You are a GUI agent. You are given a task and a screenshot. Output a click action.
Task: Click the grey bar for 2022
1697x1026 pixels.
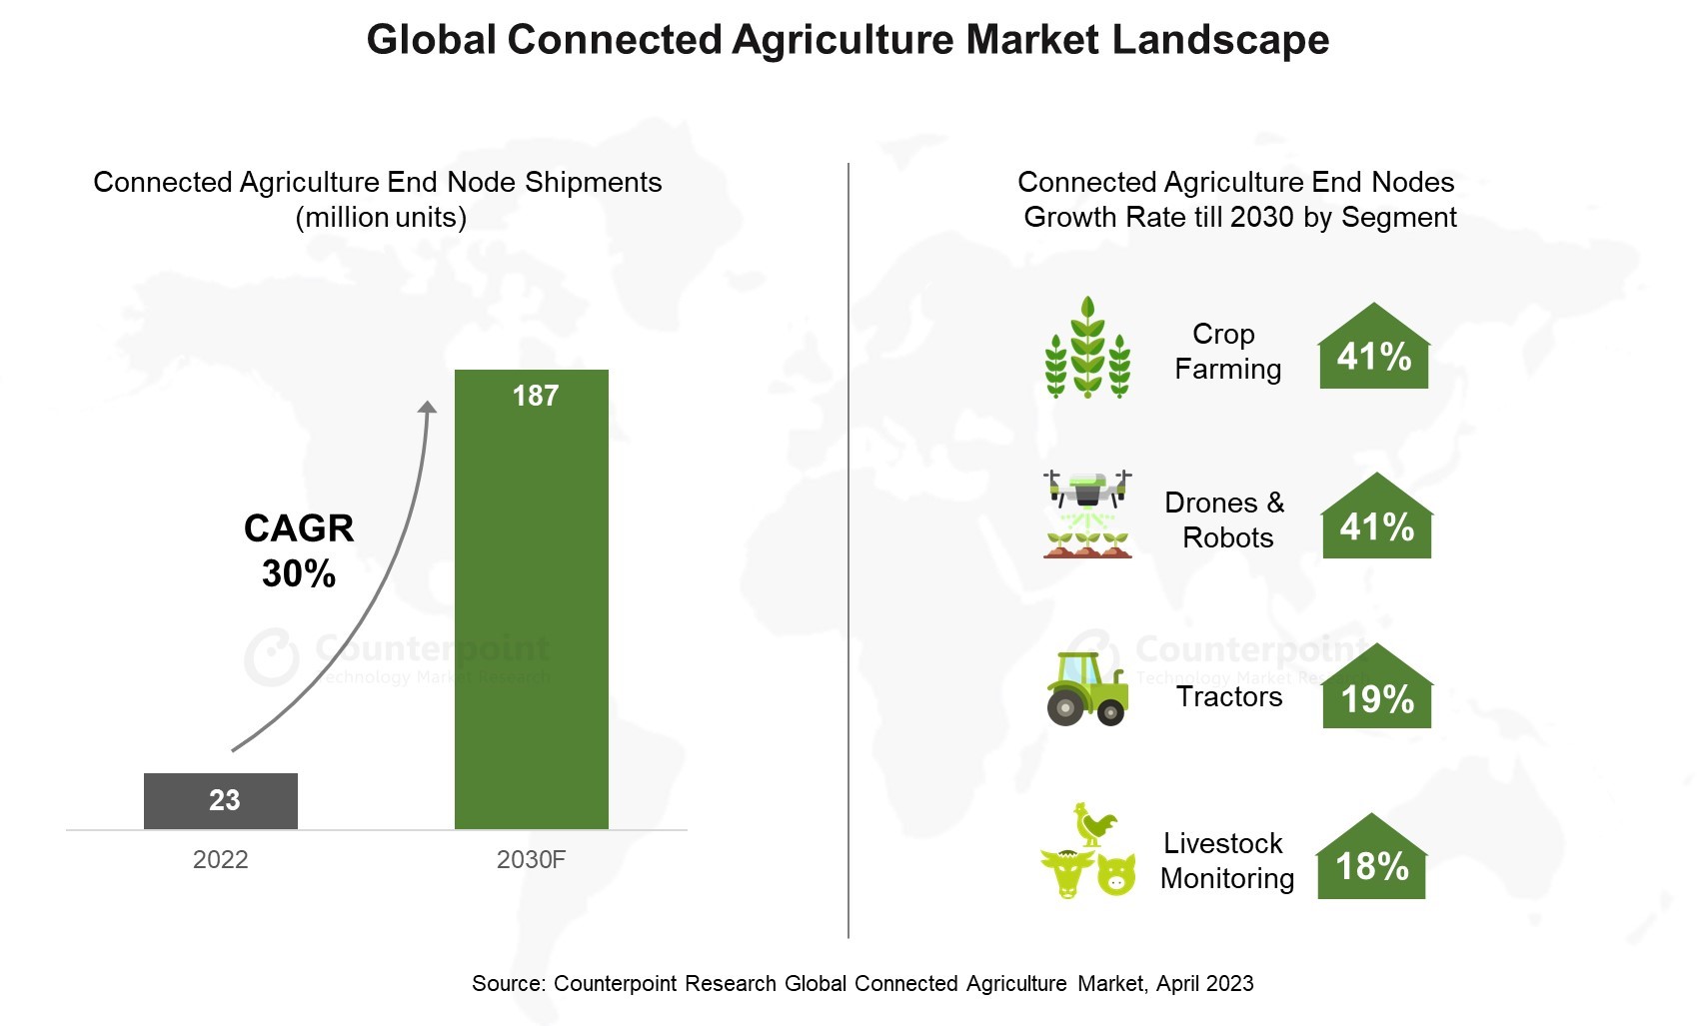point(221,801)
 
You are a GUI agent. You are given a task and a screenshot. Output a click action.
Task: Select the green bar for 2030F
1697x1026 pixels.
point(531,599)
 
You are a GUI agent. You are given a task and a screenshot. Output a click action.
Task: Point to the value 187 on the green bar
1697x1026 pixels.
point(536,396)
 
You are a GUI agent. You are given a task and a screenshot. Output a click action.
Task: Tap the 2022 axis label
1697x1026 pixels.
point(221,859)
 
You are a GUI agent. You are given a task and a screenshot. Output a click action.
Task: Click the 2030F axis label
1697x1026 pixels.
point(531,859)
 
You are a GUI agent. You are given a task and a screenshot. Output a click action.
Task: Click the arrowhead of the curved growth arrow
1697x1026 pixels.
point(428,407)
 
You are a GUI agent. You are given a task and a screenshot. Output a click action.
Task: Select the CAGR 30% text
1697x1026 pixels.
point(299,550)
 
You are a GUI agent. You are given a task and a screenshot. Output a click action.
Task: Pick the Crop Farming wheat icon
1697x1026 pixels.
point(1088,347)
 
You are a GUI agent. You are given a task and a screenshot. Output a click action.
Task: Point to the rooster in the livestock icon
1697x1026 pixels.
point(1094,824)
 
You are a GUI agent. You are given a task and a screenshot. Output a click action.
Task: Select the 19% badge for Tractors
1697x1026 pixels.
point(1376,686)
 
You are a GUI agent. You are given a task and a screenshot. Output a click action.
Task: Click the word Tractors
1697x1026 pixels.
point(1229,696)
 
